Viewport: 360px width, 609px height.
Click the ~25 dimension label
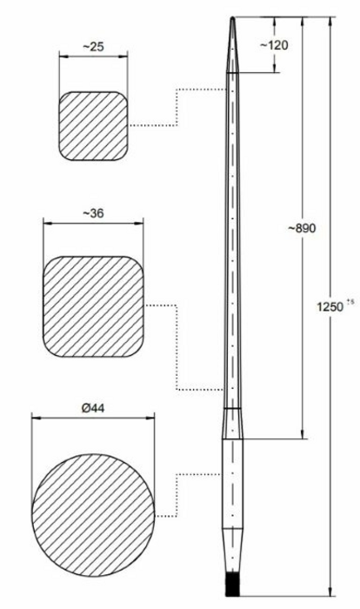94,47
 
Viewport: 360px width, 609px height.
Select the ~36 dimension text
94,213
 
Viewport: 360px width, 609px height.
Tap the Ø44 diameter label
93,408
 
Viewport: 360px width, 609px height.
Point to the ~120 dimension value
274,45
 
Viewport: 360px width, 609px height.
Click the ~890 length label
302,228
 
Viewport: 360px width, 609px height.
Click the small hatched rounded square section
93,126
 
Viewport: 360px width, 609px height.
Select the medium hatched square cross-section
93,306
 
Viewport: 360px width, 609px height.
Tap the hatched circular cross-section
93,515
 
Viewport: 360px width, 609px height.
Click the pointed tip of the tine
232,18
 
